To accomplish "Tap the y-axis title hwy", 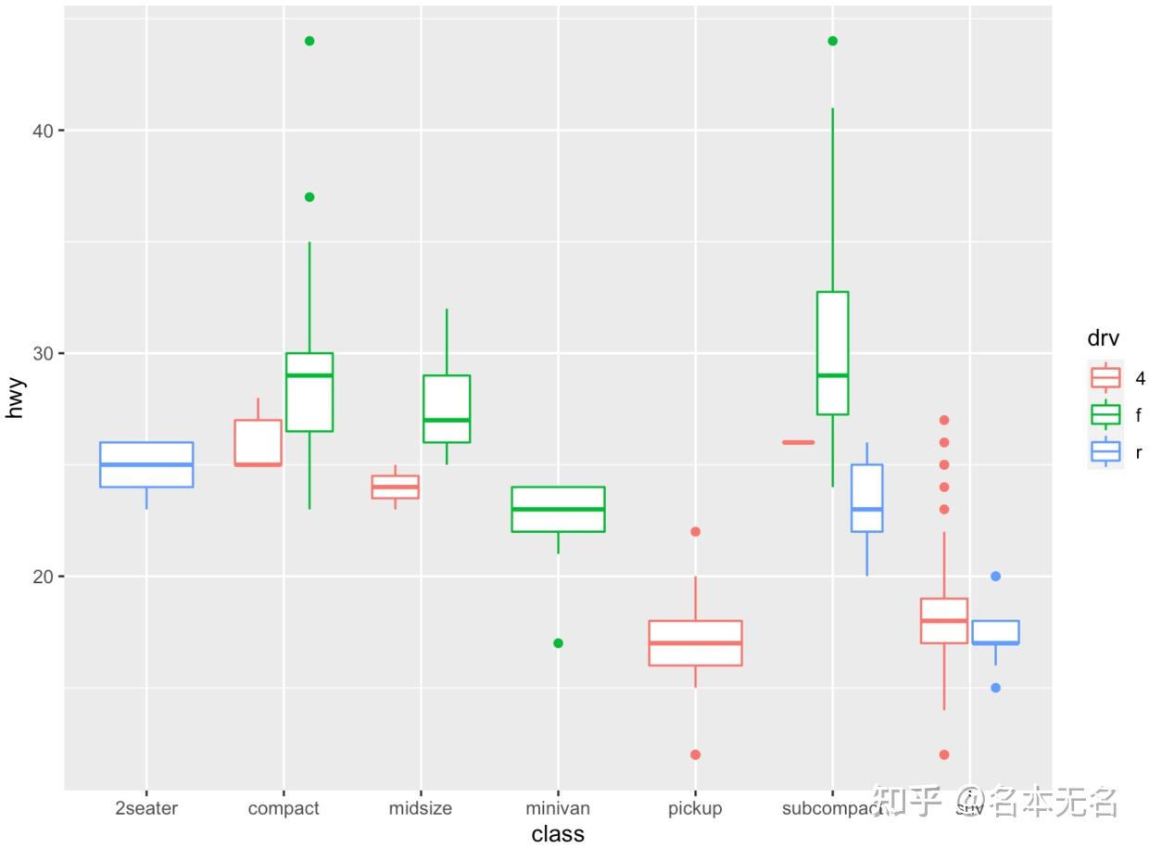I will point(16,398).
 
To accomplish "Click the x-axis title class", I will point(558,834).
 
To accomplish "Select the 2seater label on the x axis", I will point(146,808).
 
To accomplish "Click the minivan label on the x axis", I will point(558,808).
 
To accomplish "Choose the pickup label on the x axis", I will point(695,808).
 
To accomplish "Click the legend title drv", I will point(1104,339).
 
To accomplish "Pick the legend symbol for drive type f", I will point(1105,414).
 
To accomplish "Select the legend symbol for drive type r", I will point(1105,451).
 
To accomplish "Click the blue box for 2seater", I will point(146,464).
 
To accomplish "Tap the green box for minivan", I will point(558,509).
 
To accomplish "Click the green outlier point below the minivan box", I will point(558,643).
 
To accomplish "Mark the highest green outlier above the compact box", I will point(309,41).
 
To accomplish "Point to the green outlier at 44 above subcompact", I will point(832,41).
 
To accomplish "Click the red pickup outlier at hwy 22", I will point(695,532).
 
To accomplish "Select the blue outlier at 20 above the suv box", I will point(996,576).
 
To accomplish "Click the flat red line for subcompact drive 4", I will point(799,442).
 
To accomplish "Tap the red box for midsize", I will point(396,487).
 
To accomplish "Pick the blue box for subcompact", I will point(866,499).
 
